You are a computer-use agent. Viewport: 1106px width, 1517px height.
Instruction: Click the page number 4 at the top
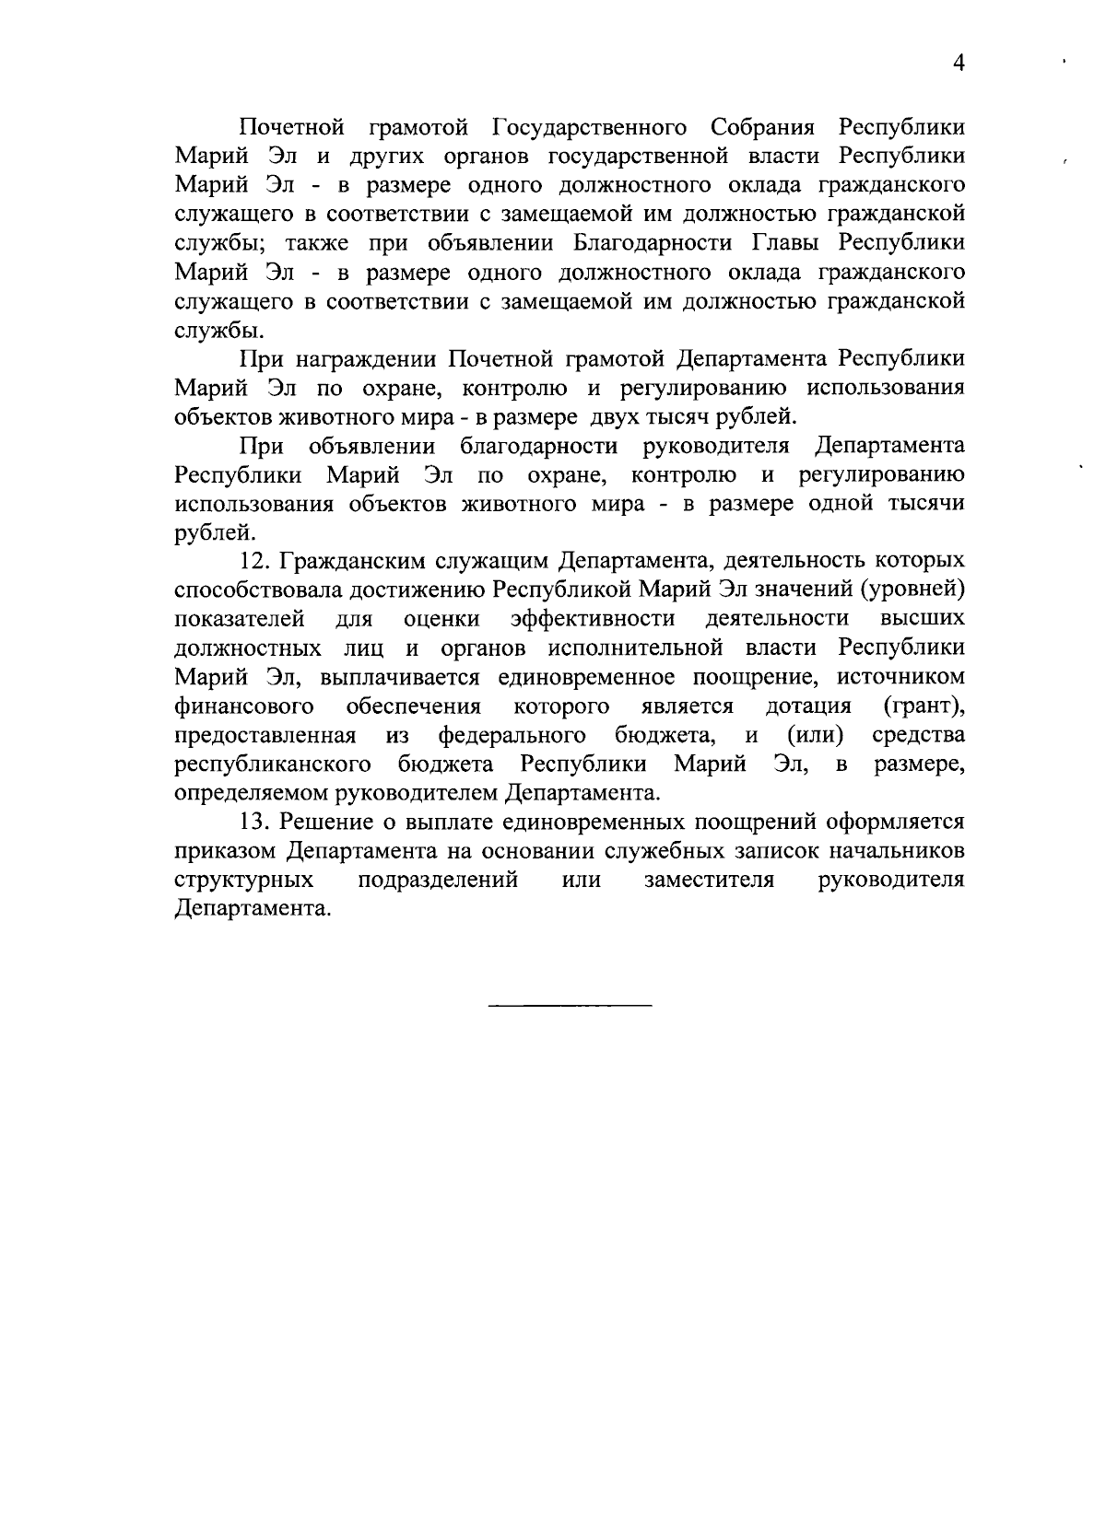(x=959, y=64)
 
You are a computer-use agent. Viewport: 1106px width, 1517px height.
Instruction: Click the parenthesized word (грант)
(x=924, y=706)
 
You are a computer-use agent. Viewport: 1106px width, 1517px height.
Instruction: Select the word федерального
(x=512, y=736)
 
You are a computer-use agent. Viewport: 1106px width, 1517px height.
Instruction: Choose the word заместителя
(x=709, y=880)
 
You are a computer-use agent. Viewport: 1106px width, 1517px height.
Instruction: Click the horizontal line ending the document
(x=569, y=1003)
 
